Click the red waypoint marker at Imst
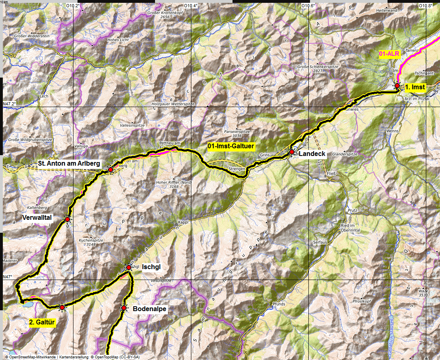click(397, 86)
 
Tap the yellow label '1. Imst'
click(415, 86)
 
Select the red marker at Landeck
click(291, 152)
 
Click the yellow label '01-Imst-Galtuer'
click(231, 146)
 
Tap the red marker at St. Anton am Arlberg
click(110, 170)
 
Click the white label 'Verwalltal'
click(37, 218)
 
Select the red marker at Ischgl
click(128, 267)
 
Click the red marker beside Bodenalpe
click(124, 308)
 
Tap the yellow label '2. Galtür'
click(42, 322)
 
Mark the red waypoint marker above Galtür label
click(62, 307)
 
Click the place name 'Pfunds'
click(279, 304)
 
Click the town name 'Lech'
click(44, 97)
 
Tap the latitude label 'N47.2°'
click(9, 104)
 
